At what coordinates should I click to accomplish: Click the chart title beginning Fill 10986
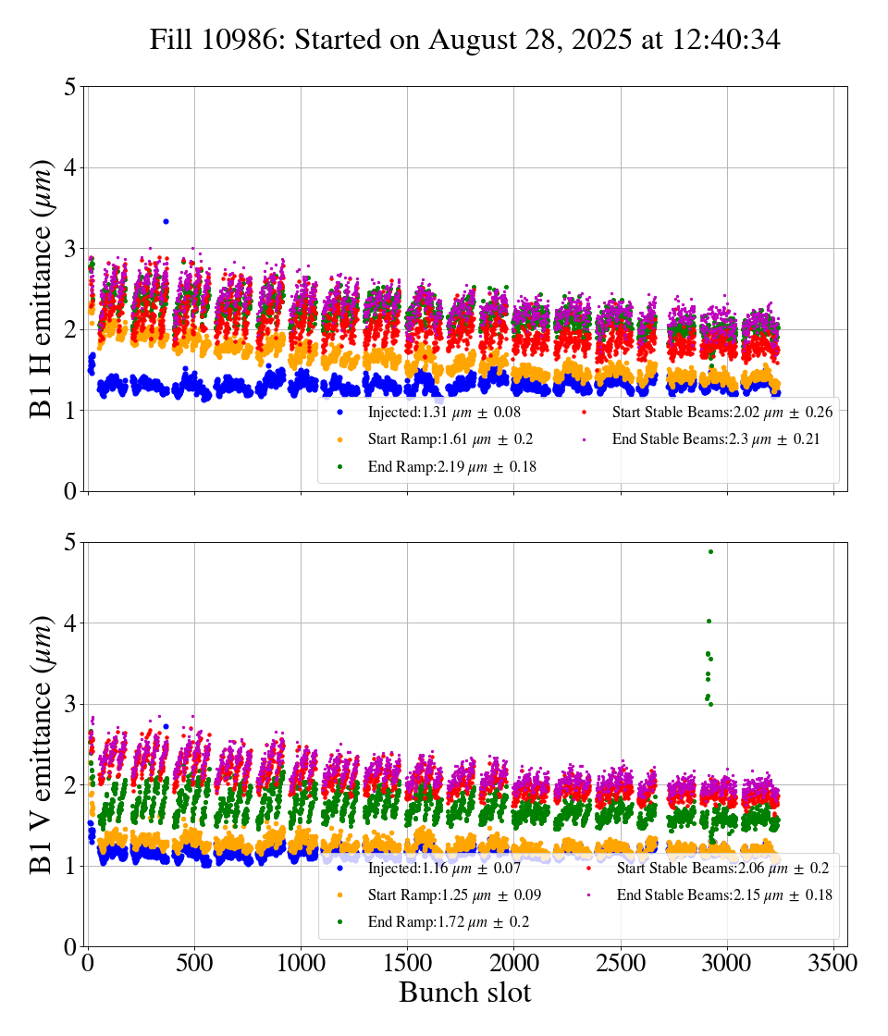pos(465,40)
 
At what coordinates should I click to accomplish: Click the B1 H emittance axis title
pos(42,289)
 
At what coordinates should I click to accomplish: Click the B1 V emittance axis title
pos(42,744)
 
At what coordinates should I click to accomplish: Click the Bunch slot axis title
pos(465,993)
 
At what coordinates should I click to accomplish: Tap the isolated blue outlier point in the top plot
pos(166,221)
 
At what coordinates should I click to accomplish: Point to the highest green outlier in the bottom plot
pos(710,551)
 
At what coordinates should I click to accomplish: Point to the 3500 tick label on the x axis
pos(833,962)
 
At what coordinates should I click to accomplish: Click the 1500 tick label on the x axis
pos(408,962)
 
